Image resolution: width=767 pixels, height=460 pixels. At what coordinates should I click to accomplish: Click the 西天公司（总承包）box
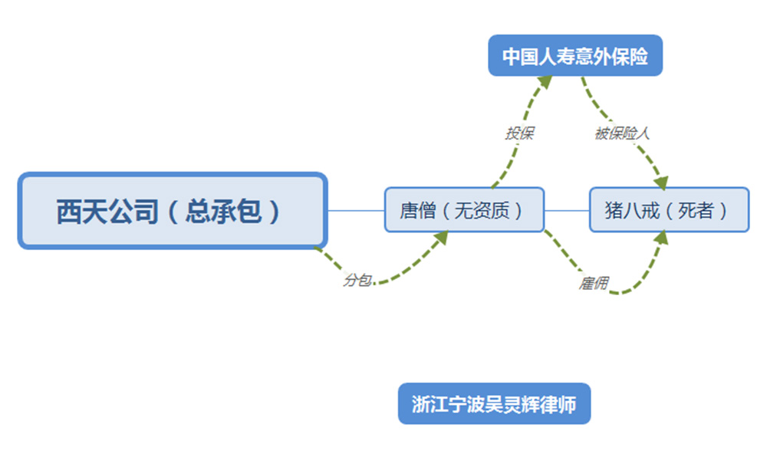click(x=173, y=211)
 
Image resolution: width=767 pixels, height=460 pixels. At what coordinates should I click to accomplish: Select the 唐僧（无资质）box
click(x=464, y=210)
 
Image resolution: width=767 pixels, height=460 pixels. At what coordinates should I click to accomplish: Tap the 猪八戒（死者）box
click(x=669, y=210)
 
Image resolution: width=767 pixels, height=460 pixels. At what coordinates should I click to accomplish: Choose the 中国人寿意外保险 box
click(x=575, y=55)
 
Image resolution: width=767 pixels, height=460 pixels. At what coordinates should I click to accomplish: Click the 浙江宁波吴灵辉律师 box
click(x=494, y=404)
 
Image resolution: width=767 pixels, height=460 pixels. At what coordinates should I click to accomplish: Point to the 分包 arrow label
click(x=357, y=280)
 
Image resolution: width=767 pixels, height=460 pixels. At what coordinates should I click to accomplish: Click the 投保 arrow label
click(x=519, y=133)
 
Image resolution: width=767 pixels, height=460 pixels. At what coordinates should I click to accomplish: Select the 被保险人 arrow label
click(x=622, y=133)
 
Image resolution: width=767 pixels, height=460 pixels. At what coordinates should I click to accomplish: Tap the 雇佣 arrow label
click(x=594, y=283)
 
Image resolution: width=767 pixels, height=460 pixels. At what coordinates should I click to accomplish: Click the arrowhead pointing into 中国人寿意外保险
click(x=545, y=82)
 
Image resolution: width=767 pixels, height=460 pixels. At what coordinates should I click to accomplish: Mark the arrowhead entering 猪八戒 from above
click(x=661, y=182)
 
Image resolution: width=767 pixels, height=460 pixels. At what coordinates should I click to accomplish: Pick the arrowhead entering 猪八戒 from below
click(x=661, y=238)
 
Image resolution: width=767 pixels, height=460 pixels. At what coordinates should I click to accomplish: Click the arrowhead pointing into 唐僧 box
click(x=440, y=238)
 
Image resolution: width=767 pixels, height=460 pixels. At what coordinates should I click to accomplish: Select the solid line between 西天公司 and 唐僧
click(x=356, y=211)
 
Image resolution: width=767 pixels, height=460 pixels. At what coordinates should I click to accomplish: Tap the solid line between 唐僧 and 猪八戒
click(x=567, y=211)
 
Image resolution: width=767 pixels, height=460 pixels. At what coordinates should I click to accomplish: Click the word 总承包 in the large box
click(x=223, y=212)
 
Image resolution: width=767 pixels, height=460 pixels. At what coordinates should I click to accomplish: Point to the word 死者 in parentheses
click(x=696, y=210)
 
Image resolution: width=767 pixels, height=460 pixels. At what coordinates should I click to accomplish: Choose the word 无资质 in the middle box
click(x=482, y=210)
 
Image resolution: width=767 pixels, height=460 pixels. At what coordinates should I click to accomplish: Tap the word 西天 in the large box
click(x=82, y=212)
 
